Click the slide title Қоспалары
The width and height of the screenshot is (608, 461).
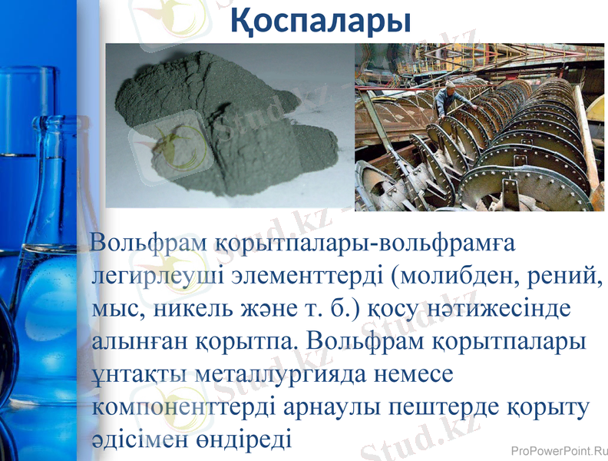pos(321,21)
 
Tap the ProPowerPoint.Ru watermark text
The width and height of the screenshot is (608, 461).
pos(558,449)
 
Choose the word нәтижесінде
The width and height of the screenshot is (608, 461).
pos(514,307)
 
